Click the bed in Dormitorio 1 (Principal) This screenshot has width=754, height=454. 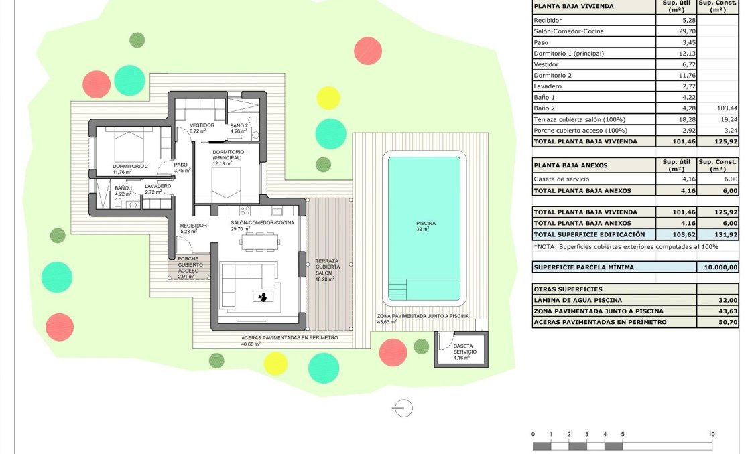[225, 181]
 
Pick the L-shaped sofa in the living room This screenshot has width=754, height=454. [248, 281]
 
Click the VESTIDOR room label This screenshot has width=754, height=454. [202, 125]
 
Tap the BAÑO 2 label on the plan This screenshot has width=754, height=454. [239, 125]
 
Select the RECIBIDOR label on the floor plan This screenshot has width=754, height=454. [194, 226]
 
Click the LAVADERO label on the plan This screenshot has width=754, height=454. [158, 186]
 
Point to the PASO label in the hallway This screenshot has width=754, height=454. [181, 165]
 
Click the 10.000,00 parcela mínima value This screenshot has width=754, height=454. [718, 267]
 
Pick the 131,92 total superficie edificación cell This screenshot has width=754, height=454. [718, 234]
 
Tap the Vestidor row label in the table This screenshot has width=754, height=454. [546, 64]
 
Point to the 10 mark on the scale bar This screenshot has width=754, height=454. [712, 434]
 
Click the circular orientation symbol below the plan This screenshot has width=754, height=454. [403, 408]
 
